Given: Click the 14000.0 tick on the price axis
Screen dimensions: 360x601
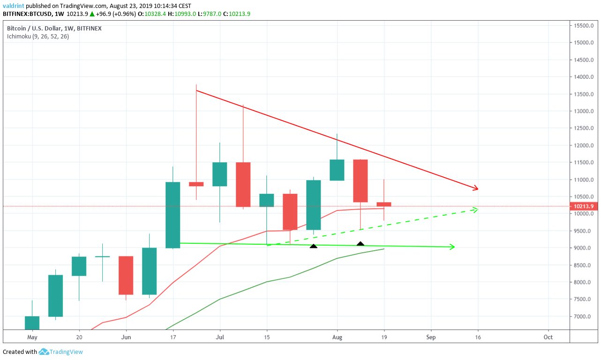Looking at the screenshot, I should click(x=584, y=77).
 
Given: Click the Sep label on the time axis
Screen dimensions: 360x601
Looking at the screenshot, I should click(x=431, y=337).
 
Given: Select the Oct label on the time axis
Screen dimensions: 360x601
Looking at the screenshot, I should click(x=548, y=337).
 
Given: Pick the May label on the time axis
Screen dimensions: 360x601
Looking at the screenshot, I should click(x=32, y=337).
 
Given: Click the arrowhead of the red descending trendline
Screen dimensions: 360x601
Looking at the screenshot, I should click(x=476, y=188).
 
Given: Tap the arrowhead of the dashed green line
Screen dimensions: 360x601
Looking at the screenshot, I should click(x=475, y=210).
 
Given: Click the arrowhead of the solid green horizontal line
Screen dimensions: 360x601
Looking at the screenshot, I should click(x=452, y=247).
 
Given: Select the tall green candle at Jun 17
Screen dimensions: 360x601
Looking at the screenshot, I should click(x=173, y=215).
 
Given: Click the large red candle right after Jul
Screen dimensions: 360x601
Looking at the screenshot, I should click(x=243, y=184).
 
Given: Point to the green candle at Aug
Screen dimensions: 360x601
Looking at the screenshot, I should click(x=337, y=170).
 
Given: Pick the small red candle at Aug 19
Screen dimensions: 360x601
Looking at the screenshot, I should click(x=384, y=204).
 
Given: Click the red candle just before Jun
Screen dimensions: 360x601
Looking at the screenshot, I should click(x=126, y=275).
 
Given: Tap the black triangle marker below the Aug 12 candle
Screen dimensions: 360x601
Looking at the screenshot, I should click(x=360, y=244).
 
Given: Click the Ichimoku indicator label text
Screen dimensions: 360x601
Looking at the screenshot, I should click(x=38, y=36).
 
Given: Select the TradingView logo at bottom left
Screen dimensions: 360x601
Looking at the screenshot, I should click(x=61, y=352).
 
